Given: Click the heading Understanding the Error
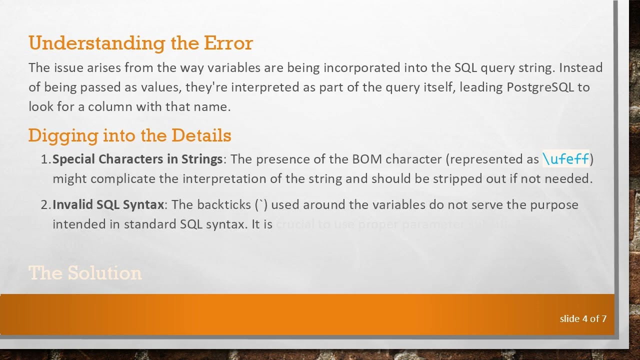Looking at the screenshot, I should click(x=140, y=43).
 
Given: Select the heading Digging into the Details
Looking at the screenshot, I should click(x=129, y=135).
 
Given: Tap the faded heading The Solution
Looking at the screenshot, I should click(x=85, y=273).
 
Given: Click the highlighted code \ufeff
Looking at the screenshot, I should click(x=566, y=159).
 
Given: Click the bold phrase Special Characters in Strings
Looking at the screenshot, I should click(x=137, y=159).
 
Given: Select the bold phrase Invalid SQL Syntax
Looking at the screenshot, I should click(x=108, y=204).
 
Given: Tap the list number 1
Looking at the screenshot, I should click(x=45, y=159).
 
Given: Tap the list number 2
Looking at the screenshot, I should click(x=45, y=204).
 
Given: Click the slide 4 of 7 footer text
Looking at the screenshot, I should click(x=583, y=318).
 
